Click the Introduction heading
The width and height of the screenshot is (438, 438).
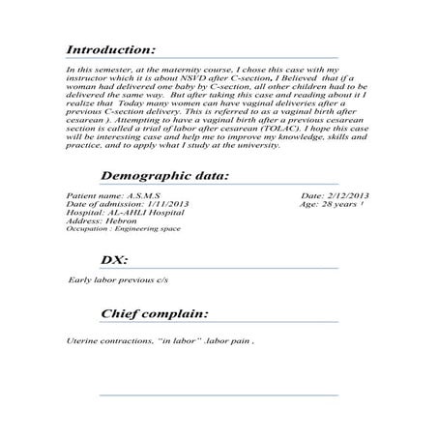pyautogui.click(x=109, y=48)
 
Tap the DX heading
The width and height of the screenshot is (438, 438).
pyautogui.click(x=116, y=261)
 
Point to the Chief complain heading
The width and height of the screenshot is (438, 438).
pyautogui.click(x=154, y=314)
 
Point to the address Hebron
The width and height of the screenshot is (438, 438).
pyautogui.click(x=111, y=219)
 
